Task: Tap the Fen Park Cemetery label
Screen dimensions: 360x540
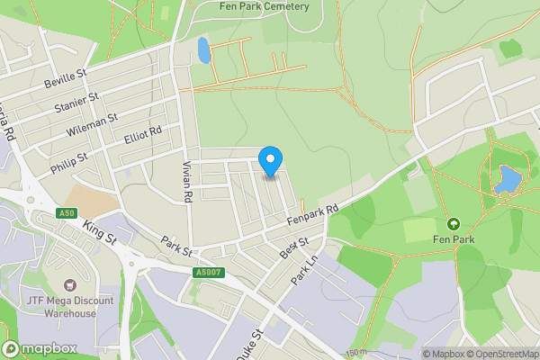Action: (265, 6)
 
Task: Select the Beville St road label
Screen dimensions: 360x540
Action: (65, 79)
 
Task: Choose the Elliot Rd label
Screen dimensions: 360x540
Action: (142, 136)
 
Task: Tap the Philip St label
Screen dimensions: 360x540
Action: (69, 161)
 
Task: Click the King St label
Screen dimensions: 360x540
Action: (100, 232)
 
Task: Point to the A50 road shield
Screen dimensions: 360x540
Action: (64, 213)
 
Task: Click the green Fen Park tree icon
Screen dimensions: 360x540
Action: (453, 223)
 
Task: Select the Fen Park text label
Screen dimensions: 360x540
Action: (453, 239)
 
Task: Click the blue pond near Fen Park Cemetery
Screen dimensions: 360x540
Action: (204, 50)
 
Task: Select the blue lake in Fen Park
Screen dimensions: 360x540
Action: (506, 180)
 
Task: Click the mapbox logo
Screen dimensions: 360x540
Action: (40, 349)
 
